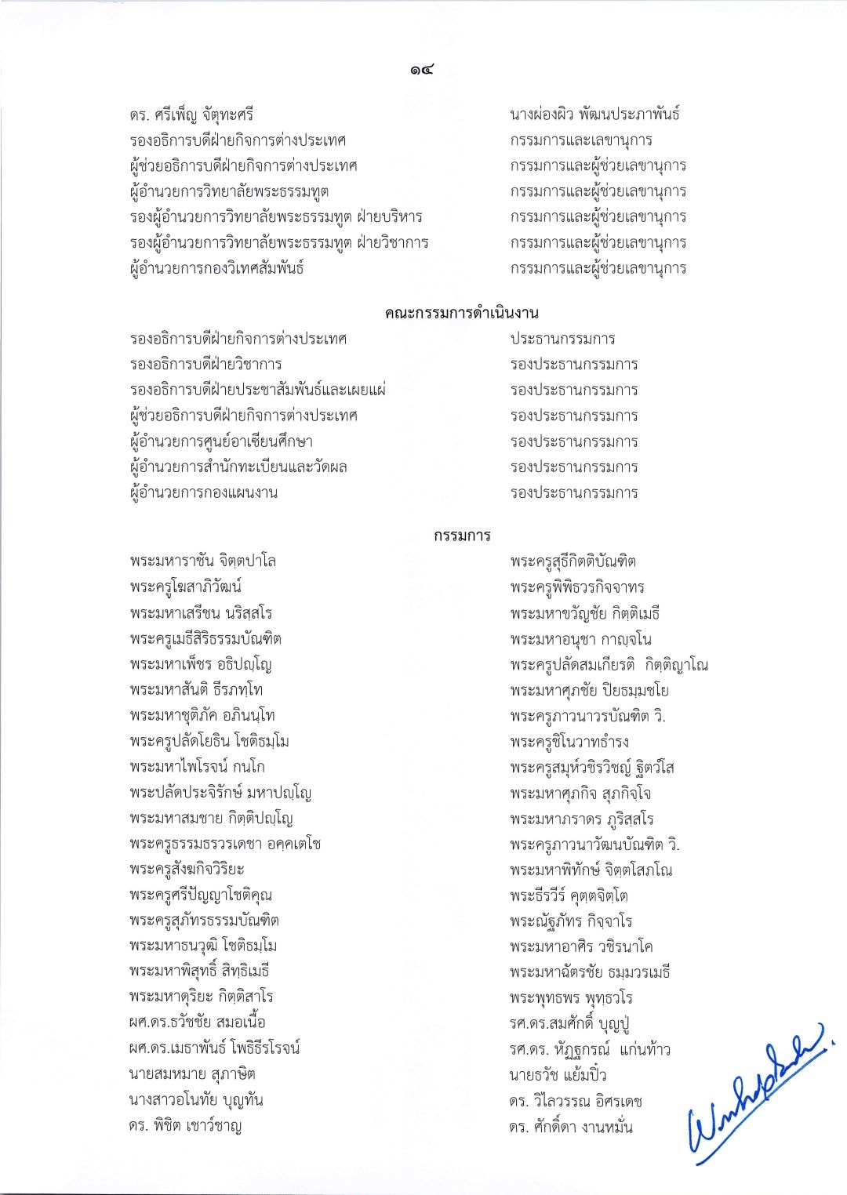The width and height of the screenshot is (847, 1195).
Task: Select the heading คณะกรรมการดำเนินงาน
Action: point(462,314)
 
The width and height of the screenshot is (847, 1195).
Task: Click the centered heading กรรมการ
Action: point(462,536)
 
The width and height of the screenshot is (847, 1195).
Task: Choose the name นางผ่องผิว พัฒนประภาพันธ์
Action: point(594,114)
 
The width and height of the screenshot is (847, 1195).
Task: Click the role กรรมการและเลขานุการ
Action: point(581,140)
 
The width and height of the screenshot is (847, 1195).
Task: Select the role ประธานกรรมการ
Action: point(562,340)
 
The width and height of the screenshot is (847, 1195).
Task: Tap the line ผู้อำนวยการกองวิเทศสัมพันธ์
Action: point(217,268)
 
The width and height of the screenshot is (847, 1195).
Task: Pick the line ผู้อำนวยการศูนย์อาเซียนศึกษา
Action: point(222,441)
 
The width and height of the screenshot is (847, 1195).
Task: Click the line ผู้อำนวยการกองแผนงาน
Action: point(204,492)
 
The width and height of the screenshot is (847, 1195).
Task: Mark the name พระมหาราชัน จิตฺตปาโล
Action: point(204,561)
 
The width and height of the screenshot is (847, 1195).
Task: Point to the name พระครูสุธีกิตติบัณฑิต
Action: point(573,561)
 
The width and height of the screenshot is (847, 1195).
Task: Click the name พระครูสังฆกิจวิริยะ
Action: point(187,870)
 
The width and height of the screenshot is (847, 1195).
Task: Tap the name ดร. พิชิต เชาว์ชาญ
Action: point(186,1127)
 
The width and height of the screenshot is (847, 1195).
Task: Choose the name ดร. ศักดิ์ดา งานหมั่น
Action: point(571,1127)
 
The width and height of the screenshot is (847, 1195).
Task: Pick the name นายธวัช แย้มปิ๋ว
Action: point(558,1075)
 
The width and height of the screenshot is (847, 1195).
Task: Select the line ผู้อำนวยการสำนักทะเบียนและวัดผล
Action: point(239,467)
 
